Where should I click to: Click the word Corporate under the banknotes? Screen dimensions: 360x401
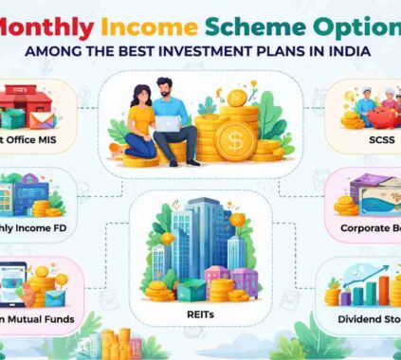click(370, 228)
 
